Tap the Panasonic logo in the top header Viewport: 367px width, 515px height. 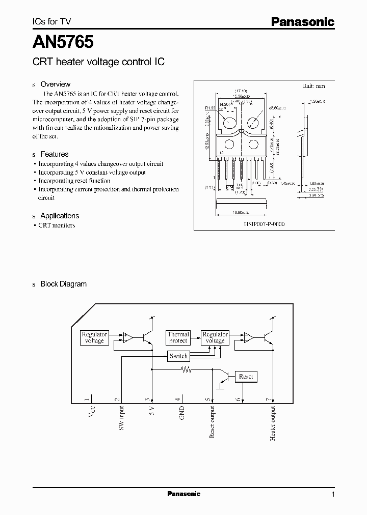click(302, 21)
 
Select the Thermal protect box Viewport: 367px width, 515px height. click(178, 337)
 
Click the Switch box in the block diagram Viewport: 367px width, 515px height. click(179, 356)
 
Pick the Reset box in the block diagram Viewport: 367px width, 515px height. click(246, 377)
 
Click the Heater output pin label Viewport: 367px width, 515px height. click(274, 423)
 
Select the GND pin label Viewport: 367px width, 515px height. click(182, 413)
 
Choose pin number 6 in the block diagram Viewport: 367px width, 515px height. click(238, 399)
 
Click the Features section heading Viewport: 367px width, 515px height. click(54, 154)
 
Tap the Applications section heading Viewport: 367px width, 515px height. click(59, 216)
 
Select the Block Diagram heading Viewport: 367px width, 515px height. click(63, 284)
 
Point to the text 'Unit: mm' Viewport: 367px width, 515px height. click(313, 86)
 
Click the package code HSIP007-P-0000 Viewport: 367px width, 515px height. click(264, 224)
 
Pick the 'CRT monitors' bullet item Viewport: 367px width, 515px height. click(57, 225)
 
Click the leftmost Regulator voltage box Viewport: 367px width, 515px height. click(94, 337)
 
